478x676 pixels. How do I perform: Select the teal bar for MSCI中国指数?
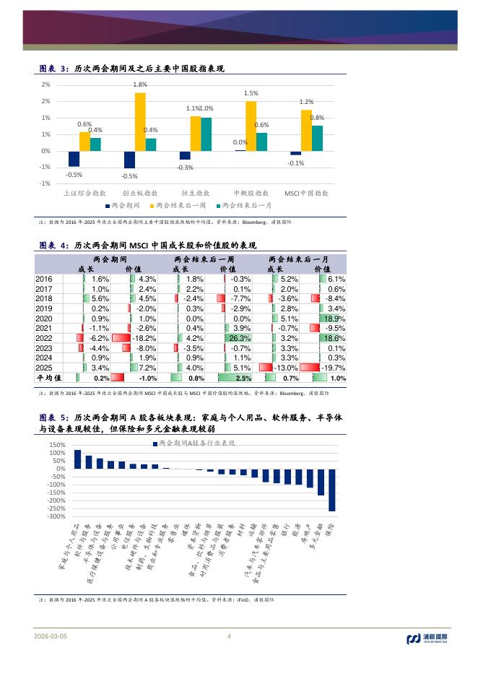(318, 138)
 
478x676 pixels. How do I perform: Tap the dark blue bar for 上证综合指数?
(74, 159)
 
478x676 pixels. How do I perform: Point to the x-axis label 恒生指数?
(196, 194)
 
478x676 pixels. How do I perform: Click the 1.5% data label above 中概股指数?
(251, 94)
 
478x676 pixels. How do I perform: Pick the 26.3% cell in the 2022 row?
(238, 338)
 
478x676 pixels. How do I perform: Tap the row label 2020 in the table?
(45, 318)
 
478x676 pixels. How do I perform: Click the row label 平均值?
(49, 378)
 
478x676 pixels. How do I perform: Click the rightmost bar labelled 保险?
(332, 490)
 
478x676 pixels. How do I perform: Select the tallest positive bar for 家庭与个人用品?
(78, 459)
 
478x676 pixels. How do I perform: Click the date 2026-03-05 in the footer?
(50, 636)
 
